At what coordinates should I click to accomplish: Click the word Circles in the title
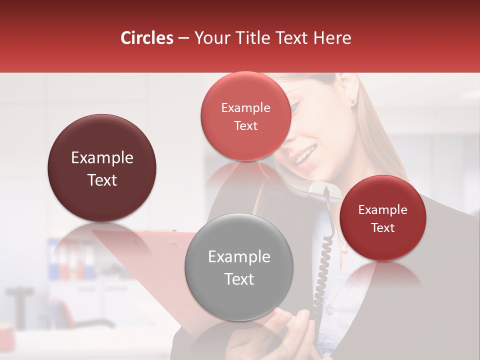[146, 38]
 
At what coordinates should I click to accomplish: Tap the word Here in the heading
[333, 38]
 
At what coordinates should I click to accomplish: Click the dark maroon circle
[102, 168]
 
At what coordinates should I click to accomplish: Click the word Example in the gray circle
[239, 257]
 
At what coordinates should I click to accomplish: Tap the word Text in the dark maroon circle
[102, 180]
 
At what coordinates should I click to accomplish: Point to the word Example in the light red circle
[245, 108]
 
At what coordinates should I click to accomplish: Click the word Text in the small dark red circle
[383, 228]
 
